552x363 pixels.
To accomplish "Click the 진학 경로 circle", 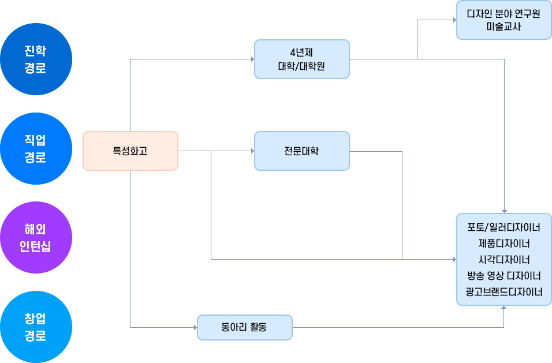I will click(36, 59).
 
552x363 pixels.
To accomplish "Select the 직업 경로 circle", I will click(36, 148).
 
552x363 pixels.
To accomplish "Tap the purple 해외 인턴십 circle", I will click(36, 237).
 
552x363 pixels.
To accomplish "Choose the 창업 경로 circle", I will click(36, 327).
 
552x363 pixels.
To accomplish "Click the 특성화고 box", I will click(130, 151).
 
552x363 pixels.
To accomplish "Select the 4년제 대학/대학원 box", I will click(301, 59).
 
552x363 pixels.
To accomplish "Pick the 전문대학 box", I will click(301, 151).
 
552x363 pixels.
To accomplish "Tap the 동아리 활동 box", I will click(244, 327).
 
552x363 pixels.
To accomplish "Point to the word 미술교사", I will click(503, 27).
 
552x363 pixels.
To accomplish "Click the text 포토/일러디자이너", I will click(503, 227).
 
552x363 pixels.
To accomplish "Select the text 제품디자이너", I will click(503, 243).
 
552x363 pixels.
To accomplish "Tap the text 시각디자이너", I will click(503, 259).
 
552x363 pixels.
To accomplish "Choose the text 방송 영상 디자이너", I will click(503, 275).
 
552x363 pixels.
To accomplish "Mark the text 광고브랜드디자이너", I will click(503, 291).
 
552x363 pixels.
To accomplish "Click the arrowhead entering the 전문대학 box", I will click(252, 151).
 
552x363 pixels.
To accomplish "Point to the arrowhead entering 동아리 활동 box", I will click(195, 327).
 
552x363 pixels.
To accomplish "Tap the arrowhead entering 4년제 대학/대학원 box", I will click(252, 59).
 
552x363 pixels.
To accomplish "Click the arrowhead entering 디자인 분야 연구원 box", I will click(454, 20).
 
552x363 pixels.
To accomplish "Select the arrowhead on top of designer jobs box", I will click(504, 211).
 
